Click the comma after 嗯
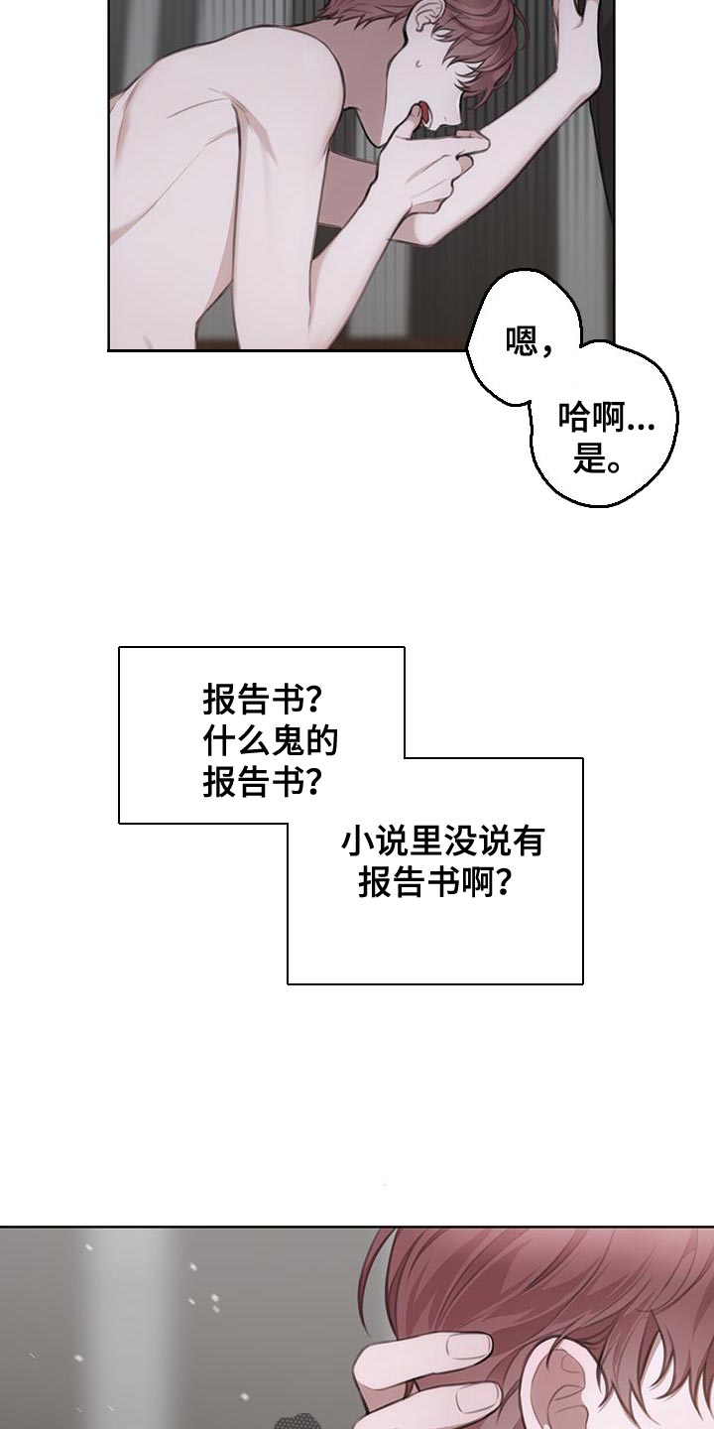(x=545, y=350)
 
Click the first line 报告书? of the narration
(x=262, y=700)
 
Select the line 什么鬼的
(x=271, y=740)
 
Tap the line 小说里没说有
(x=442, y=842)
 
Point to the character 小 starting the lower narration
(x=357, y=842)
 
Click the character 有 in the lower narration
(x=528, y=842)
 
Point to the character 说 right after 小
(x=391, y=842)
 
